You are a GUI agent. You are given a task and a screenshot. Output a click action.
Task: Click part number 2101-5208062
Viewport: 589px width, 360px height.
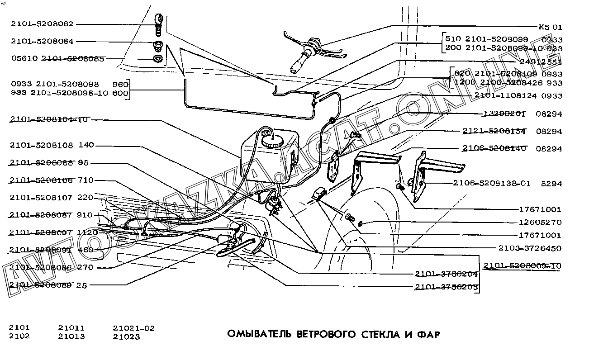click(43, 24)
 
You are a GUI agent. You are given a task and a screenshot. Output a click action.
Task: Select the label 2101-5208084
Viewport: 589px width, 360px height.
click(43, 41)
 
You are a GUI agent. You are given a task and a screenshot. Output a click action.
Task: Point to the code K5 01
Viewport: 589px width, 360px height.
click(550, 27)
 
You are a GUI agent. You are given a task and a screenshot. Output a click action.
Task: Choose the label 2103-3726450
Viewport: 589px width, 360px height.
click(529, 248)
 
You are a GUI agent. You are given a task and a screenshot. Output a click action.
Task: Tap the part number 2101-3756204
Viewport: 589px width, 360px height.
click(446, 274)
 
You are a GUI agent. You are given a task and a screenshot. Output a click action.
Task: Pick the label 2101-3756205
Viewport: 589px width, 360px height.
click(446, 287)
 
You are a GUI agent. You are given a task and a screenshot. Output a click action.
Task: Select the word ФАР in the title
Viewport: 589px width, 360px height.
click(427, 335)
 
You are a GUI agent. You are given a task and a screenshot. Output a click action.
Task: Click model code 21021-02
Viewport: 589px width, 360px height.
click(133, 328)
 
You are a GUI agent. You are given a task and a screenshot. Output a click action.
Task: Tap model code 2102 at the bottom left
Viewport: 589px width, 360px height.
click(19, 336)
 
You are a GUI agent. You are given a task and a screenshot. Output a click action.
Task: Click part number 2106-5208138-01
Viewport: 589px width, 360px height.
click(491, 184)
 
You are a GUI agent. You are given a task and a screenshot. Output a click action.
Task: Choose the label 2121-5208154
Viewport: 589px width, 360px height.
click(494, 132)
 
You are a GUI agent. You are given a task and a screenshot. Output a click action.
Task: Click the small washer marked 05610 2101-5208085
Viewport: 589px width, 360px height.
click(158, 59)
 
